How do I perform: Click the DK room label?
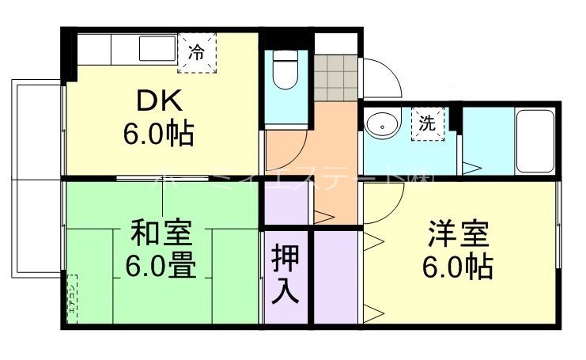coord(162,100)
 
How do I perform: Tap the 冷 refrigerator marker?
coord(195,53)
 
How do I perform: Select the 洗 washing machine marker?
coord(428,123)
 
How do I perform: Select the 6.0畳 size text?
coord(161,266)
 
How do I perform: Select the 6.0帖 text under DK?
coord(158,132)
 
